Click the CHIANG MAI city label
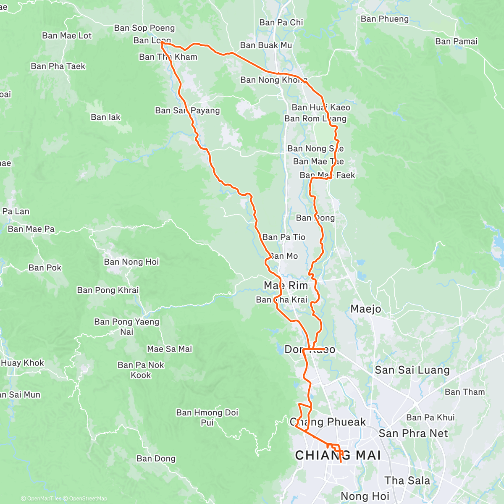pyautogui.click(x=338, y=455)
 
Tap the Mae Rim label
pyautogui.click(x=286, y=286)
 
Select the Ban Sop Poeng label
pyautogui.click(x=144, y=28)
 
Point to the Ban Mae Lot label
pyautogui.click(x=66, y=36)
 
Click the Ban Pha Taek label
pyautogui.click(x=58, y=66)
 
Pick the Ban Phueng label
pyautogui.click(x=384, y=19)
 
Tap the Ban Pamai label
pyautogui.click(x=456, y=41)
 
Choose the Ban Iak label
pyautogui.click(x=105, y=117)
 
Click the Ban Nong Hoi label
pyautogui.click(x=131, y=262)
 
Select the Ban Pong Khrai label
pyautogui.click(x=108, y=290)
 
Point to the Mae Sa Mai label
pyautogui.click(x=169, y=349)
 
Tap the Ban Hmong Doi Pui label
pyautogui.click(x=207, y=417)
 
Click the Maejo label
pyautogui.click(x=366, y=309)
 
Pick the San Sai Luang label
pyautogui.click(x=412, y=370)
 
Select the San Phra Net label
pyautogui.click(x=413, y=433)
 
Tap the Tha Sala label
pyautogui.click(x=407, y=480)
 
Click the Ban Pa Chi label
pyautogui.click(x=281, y=22)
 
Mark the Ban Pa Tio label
pyautogui.click(x=283, y=237)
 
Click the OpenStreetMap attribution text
pyautogui.click(x=88, y=499)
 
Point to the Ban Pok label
pyautogui.click(x=45, y=268)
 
